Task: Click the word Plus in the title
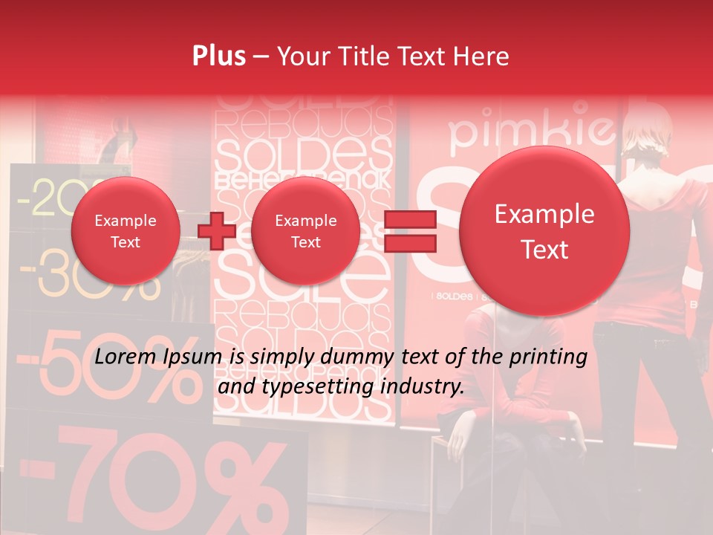[x=219, y=56]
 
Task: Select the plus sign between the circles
[x=217, y=231]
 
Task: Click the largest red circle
[x=544, y=231]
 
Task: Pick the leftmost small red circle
[x=126, y=231]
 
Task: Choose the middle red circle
[x=305, y=231]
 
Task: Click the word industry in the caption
[x=425, y=386]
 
